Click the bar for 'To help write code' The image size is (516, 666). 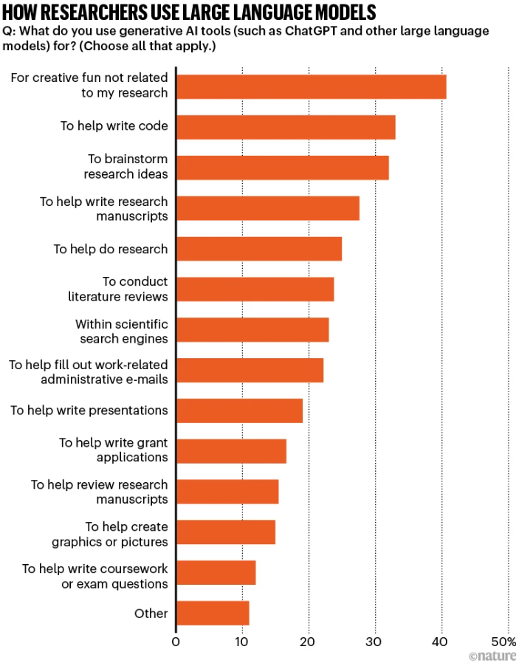(286, 127)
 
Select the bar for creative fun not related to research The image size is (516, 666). (311, 86)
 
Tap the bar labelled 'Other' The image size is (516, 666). (213, 613)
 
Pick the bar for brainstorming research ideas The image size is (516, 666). (282, 168)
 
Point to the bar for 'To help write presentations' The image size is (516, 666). (239, 411)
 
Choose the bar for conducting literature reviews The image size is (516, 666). (255, 289)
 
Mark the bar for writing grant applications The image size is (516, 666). (231, 450)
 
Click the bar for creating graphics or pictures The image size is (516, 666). (225, 532)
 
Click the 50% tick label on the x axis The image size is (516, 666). (503, 642)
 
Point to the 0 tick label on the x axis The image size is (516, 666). (176, 642)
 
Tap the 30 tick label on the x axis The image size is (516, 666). (375, 642)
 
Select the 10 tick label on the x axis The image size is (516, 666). (242, 642)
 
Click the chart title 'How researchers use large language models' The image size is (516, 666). (189, 13)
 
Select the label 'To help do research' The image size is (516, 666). (110, 249)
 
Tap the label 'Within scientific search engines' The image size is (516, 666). (121, 331)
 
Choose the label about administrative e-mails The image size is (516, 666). (88, 371)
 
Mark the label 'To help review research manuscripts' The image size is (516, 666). (99, 492)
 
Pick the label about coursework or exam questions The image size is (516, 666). (94, 576)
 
